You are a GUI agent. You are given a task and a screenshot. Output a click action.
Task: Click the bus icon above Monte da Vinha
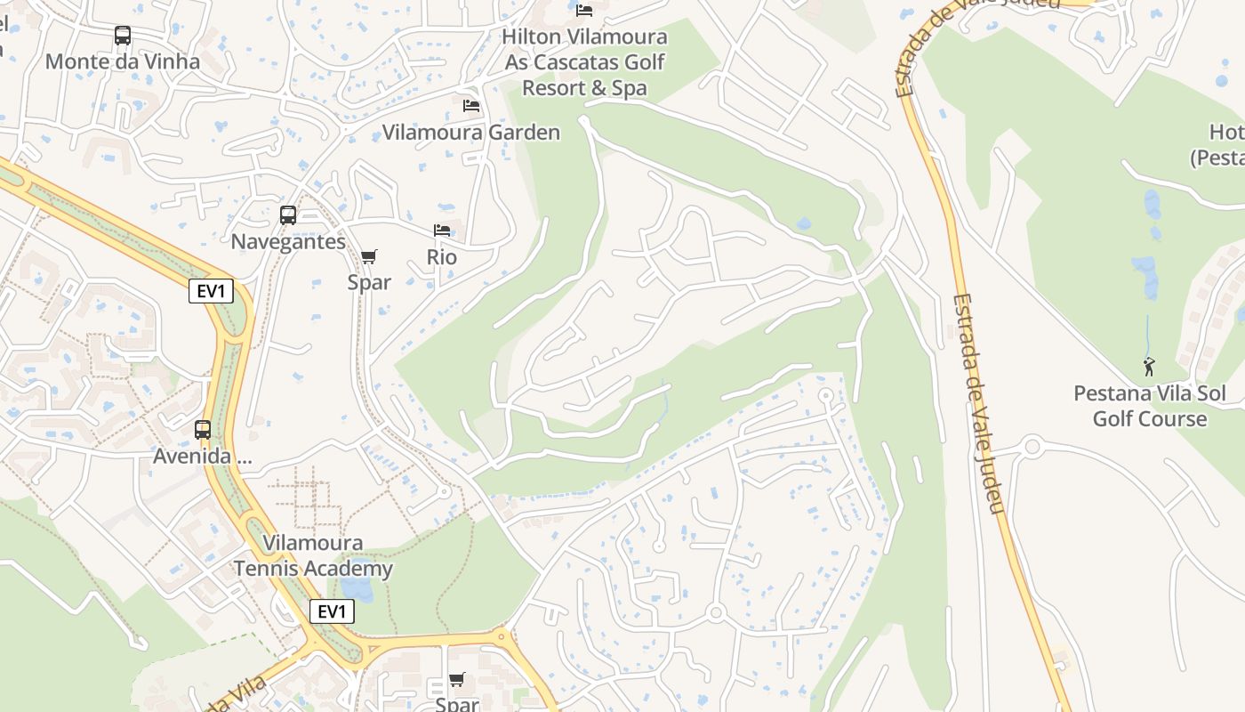(x=123, y=36)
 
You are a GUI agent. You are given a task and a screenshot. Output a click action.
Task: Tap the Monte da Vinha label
(x=123, y=61)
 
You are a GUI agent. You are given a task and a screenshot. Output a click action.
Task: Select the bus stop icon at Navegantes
(x=288, y=215)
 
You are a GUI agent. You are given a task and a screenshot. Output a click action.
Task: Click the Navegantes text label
(x=288, y=241)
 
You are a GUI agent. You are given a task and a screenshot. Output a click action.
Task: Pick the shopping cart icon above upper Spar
(x=369, y=256)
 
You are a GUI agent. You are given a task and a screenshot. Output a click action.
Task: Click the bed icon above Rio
(x=442, y=231)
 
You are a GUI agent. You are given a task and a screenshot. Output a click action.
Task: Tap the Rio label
(x=442, y=257)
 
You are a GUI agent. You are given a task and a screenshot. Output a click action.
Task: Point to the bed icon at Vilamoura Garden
(x=471, y=106)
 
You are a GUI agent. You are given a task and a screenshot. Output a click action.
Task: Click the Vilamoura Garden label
(x=471, y=133)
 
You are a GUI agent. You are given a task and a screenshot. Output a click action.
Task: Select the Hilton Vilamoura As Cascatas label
(x=584, y=62)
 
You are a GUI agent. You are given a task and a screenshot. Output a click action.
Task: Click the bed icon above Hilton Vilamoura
(x=584, y=11)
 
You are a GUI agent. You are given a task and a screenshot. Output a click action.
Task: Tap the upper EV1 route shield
(x=211, y=291)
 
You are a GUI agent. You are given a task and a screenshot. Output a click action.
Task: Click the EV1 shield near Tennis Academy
(x=332, y=611)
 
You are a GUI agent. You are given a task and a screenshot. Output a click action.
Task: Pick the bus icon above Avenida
(x=203, y=430)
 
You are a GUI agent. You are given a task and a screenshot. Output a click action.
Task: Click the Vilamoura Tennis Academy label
(x=313, y=555)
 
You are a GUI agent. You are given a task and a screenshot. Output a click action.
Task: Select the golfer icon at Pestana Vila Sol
(x=1149, y=366)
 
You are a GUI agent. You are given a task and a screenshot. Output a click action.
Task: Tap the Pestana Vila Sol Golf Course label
(x=1149, y=406)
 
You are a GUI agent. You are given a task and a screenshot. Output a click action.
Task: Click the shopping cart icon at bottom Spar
(x=457, y=680)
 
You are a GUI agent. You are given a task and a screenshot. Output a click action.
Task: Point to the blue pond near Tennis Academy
(x=357, y=588)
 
